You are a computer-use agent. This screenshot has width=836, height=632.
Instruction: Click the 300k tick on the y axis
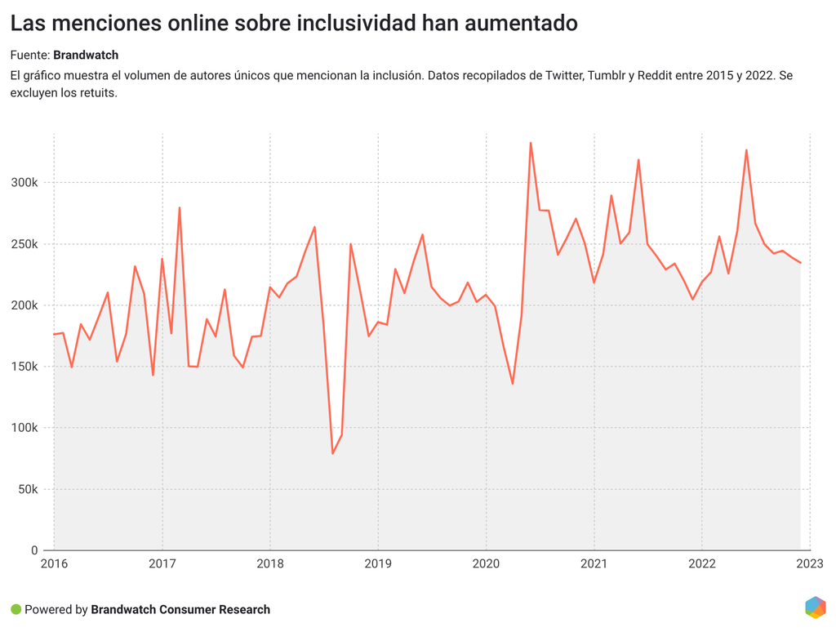click(x=24, y=183)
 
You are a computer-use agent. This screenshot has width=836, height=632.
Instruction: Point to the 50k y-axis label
click(x=28, y=489)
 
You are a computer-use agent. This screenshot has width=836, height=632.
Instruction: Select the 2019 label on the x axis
click(x=378, y=563)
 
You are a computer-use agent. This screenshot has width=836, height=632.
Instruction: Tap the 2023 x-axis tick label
click(x=810, y=563)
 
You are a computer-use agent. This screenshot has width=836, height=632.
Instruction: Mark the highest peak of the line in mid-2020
click(x=531, y=143)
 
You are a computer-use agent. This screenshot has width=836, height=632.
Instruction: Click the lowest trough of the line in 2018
click(x=332, y=453)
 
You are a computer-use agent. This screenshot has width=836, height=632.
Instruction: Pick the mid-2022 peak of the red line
click(x=746, y=149)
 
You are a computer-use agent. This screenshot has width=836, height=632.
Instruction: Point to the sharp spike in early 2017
click(x=180, y=207)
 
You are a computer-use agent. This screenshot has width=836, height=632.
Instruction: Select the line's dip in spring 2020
click(x=513, y=384)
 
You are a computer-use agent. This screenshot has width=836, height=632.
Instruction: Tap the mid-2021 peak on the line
click(x=638, y=159)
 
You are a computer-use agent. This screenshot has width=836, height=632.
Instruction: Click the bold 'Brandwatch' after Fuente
click(x=86, y=56)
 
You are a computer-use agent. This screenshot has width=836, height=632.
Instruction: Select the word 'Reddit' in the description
click(x=656, y=75)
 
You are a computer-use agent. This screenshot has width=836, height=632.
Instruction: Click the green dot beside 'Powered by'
click(x=16, y=609)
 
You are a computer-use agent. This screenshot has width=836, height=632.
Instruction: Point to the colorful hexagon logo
click(x=815, y=608)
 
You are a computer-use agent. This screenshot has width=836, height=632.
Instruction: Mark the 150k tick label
click(x=24, y=367)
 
